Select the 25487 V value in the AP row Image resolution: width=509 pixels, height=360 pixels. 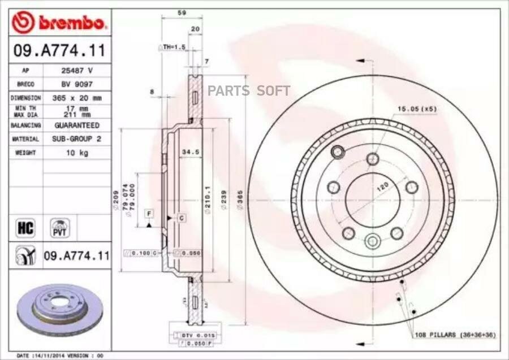77,71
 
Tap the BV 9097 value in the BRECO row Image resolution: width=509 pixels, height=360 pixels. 77,84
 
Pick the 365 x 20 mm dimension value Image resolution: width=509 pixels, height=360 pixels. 77,98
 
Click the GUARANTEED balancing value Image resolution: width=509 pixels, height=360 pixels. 77,125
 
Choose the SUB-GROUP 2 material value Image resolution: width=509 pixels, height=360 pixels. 77,138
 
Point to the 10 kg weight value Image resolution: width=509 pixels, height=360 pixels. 77,153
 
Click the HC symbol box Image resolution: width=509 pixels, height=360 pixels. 26,228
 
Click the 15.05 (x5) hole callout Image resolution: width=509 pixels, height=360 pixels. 416,108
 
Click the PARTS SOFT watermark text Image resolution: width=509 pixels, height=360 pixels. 249,90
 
